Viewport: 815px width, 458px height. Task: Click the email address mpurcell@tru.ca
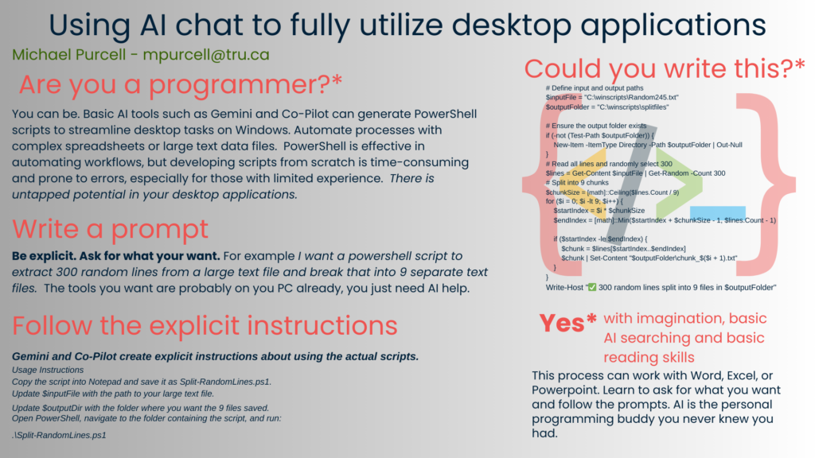[x=206, y=55]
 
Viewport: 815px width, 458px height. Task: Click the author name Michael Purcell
[x=69, y=55]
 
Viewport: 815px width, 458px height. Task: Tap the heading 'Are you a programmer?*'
[x=181, y=84]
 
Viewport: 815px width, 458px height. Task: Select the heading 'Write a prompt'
[x=110, y=229]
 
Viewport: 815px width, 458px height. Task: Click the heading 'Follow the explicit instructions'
[x=205, y=325]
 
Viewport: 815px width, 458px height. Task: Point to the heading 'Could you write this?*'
[x=665, y=68]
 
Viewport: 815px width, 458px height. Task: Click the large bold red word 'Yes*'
[x=567, y=323]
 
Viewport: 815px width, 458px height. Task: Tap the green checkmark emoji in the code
[x=591, y=287]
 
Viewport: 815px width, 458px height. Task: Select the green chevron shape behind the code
[x=678, y=183]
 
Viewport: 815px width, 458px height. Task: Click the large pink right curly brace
[x=765, y=184]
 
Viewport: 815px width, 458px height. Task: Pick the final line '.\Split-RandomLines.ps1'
[x=59, y=435]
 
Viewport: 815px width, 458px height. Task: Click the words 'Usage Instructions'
[x=48, y=370]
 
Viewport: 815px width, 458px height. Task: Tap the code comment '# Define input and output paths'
[x=595, y=88]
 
